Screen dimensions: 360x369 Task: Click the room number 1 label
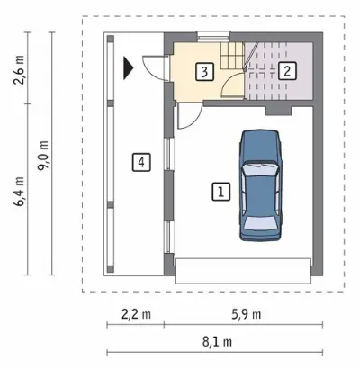point(221,192)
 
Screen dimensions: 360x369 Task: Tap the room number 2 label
point(287,71)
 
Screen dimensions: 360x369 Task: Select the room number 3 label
point(204,72)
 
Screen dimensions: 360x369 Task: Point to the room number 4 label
point(141,162)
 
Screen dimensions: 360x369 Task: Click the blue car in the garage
point(261,185)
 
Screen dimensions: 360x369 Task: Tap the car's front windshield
point(260,169)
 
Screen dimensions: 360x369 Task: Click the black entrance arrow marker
point(128,68)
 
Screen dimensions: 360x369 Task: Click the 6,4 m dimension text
point(19,192)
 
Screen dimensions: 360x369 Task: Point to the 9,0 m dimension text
point(42,156)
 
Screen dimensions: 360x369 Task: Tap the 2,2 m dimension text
point(136,315)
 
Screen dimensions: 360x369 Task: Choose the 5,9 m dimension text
point(246,315)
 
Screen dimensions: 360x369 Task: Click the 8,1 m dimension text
point(217,342)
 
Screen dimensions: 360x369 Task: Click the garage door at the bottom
point(243,271)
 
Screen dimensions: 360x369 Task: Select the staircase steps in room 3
point(231,56)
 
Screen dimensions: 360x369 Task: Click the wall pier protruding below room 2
point(279,111)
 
